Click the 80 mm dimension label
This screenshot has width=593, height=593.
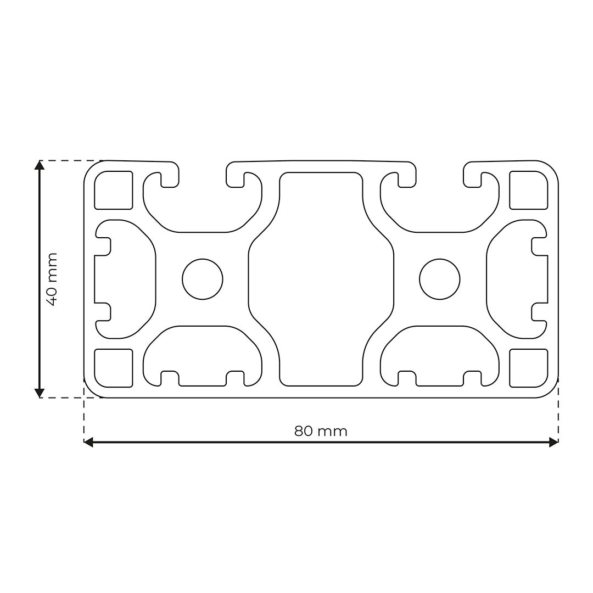[321, 431]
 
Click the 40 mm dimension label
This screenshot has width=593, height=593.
[51, 279]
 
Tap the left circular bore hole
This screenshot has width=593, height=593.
[203, 279]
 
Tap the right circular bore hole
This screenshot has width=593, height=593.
[439, 279]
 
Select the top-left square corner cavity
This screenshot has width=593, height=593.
[114, 190]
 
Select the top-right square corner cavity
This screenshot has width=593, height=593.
[529, 190]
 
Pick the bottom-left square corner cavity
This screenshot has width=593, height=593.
[114, 368]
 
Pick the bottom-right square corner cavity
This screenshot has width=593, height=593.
[529, 368]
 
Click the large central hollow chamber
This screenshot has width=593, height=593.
[321, 279]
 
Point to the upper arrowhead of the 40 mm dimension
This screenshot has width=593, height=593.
[39, 165]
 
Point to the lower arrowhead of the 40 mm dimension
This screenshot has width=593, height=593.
[39, 393]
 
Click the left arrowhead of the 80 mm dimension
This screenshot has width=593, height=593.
[88, 442]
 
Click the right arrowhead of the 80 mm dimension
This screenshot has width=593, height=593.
[553, 442]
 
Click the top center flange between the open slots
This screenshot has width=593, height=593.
[321, 165]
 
